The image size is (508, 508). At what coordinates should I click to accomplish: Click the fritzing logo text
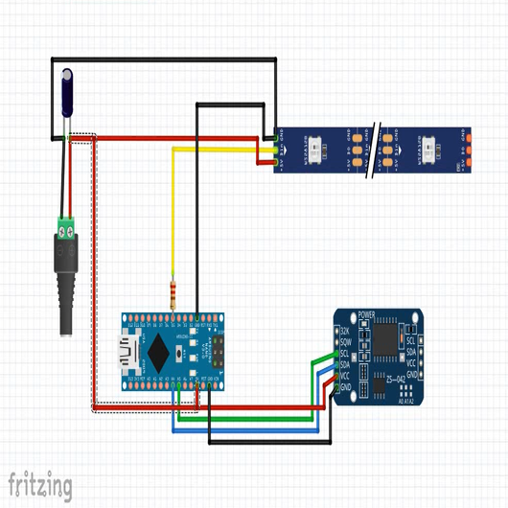pos(40,485)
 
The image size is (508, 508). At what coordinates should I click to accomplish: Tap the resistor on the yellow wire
pos(173,292)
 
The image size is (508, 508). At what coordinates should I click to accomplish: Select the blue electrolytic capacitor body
pos(68,92)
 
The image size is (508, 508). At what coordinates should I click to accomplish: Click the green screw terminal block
pos(67,228)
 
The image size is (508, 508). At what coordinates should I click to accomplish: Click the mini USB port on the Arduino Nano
pos(127,352)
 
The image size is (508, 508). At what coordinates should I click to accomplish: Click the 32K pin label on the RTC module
pos(345,332)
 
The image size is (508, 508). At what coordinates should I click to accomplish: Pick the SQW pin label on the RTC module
pos(345,342)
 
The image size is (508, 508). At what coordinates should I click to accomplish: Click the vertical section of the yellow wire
pos(173,220)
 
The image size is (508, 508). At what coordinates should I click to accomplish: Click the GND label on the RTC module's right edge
pos(410,374)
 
